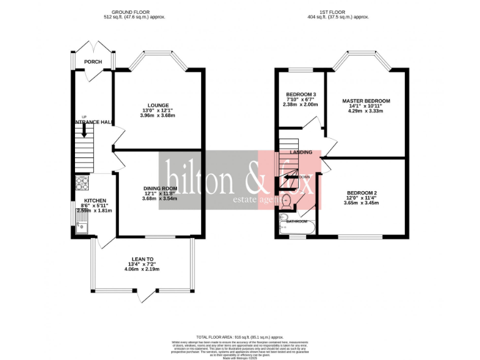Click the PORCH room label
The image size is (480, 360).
click(x=93, y=62)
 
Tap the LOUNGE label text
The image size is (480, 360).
click(x=158, y=105)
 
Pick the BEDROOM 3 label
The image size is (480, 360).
click(x=301, y=94)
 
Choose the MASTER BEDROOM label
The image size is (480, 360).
click(x=366, y=101)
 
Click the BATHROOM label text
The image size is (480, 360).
click(x=297, y=221)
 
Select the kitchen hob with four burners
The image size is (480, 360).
click(x=82, y=183)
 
